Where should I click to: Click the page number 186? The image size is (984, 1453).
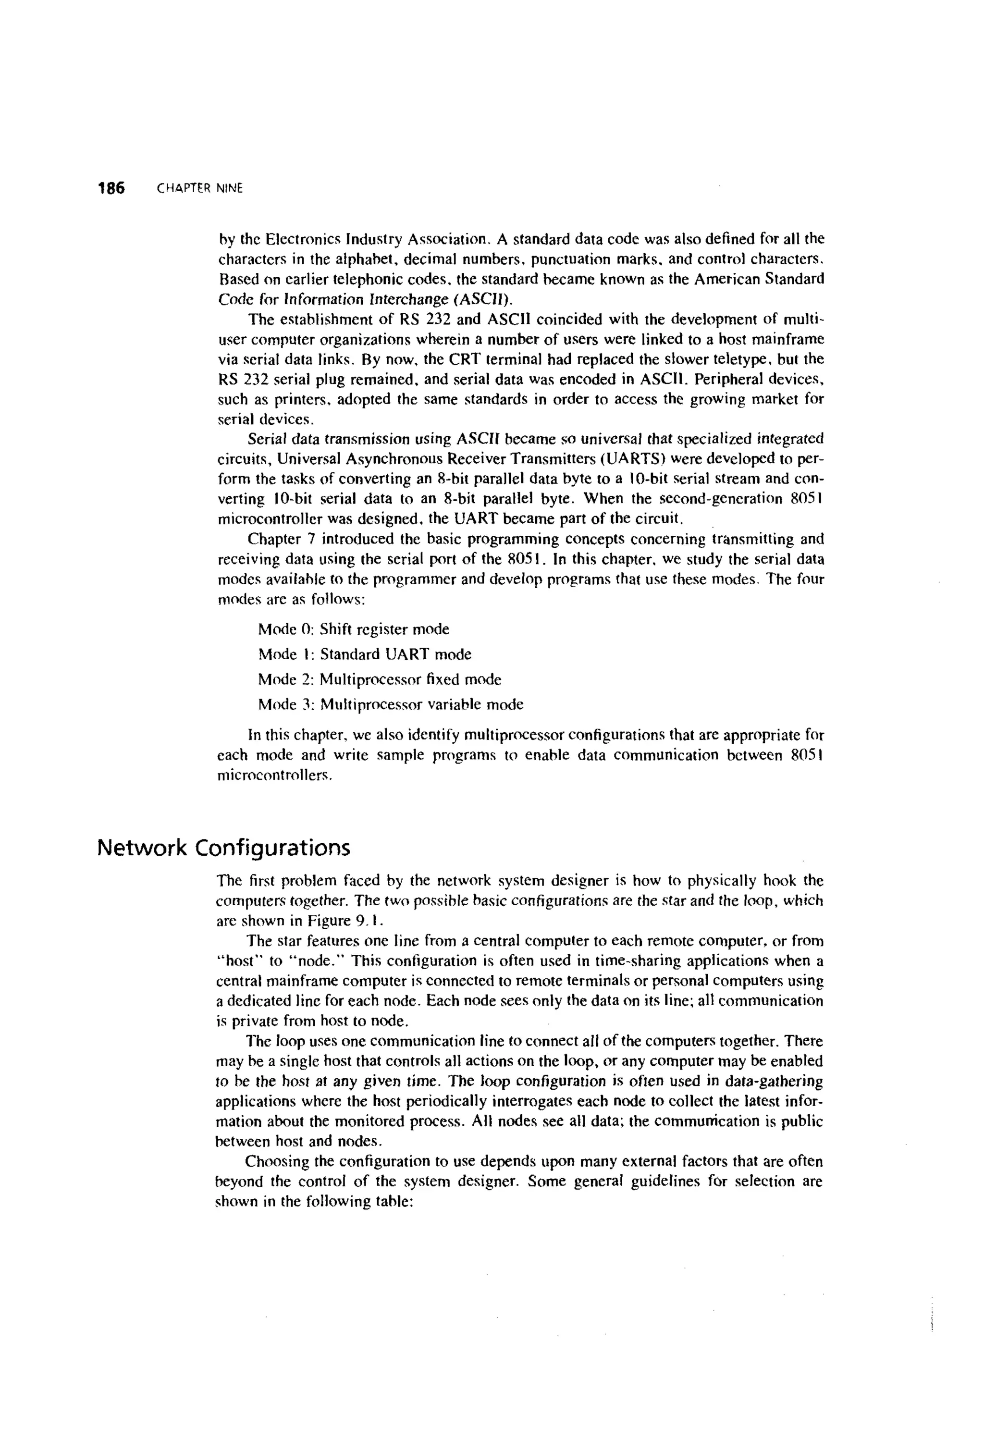click(111, 187)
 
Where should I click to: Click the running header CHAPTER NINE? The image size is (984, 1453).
click(199, 188)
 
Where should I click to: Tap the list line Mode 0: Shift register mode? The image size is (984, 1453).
click(353, 629)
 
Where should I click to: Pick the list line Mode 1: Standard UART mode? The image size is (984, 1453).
click(365, 654)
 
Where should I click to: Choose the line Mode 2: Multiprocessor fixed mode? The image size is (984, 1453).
click(380, 679)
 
